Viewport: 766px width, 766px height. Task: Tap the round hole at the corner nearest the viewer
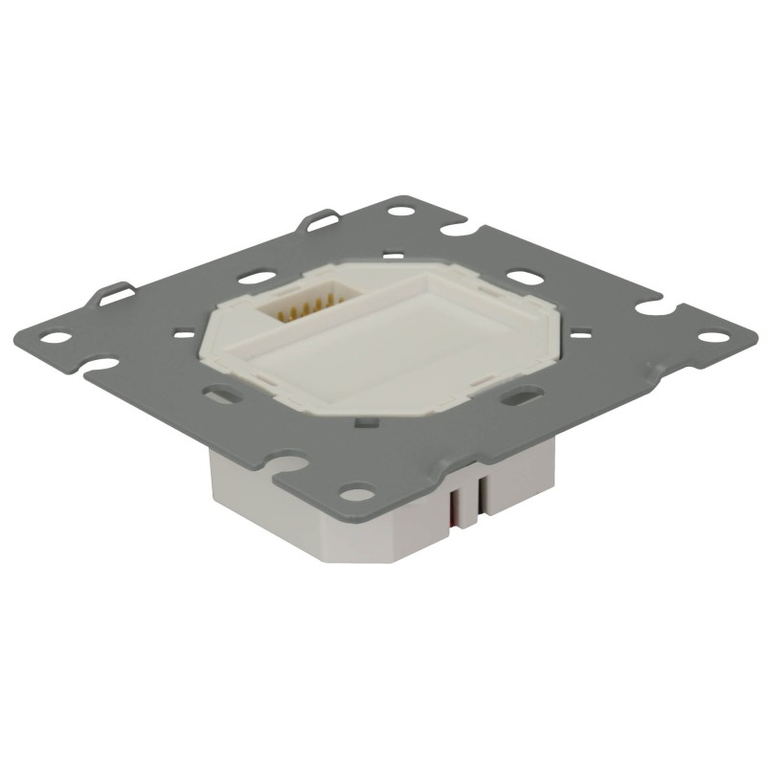point(358,494)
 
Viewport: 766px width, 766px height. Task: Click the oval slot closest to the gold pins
point(253,278)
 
